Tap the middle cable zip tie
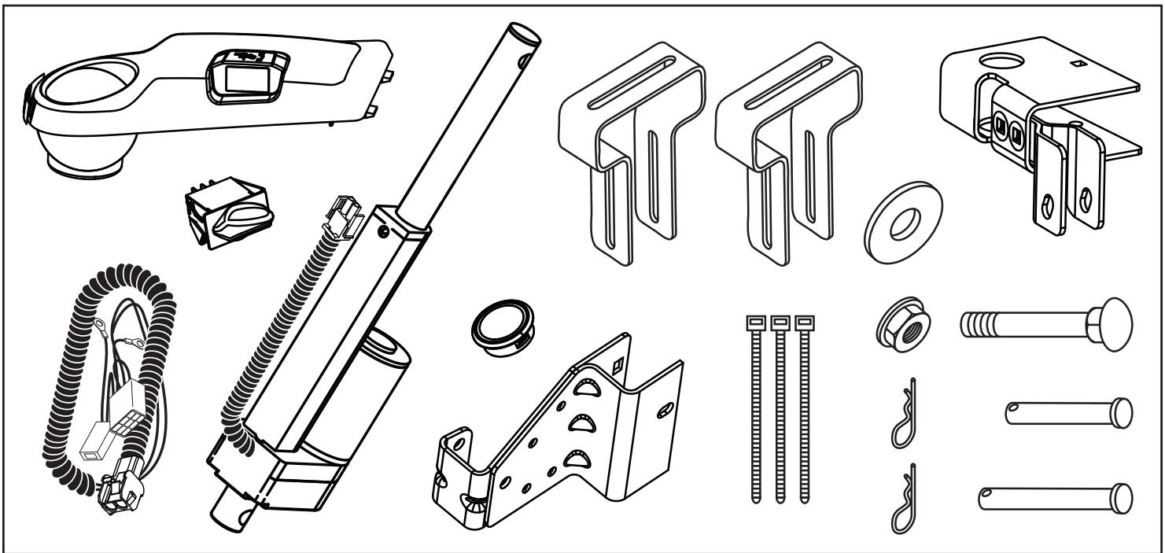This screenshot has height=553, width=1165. (780, 409)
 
